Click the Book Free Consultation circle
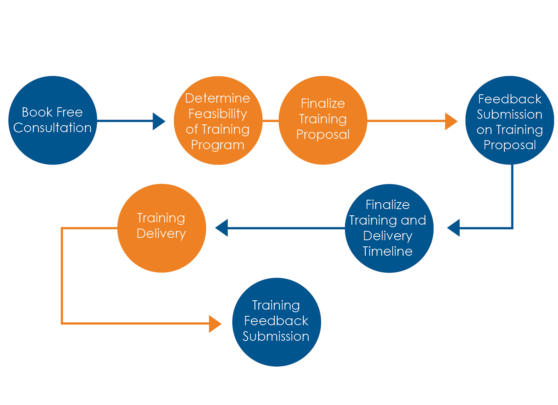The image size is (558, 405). pyautogui.click(x=53, y=120)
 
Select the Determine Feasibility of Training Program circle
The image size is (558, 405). pyautogui.click(x=218, y=120)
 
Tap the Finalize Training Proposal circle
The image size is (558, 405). pyautogui.click(x=323, y=120)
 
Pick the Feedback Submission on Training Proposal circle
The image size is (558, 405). pyautogui.click(x=510, y=120)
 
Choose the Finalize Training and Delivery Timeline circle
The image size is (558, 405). pyautogui.click(x=389, y=228)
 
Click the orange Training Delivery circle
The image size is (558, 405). pyautogui.click(x=162, y=228)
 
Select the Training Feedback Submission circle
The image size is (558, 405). pyautogui.click(x=277, y=322)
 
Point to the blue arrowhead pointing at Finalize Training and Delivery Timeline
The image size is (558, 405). pyautogui.click(x=454, y=228)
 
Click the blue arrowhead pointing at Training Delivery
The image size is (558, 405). pyautogui.click(x=222, y=228)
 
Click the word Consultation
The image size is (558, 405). pyautogui.click(x=52, y=128)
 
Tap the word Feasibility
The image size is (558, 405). pyautogui.click(x=218, y=114)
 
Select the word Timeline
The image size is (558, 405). pyautogui.click(x=388, y=251)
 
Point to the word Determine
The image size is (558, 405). pyautogui.click(x=218, y=98)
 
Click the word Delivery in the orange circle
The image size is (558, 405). pyautogui.click(x=161, y=234)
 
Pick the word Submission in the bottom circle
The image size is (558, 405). pyautogui.click(x=276, y=336)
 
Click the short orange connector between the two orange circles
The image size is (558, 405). pyautogui.click(x=271, y=121)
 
